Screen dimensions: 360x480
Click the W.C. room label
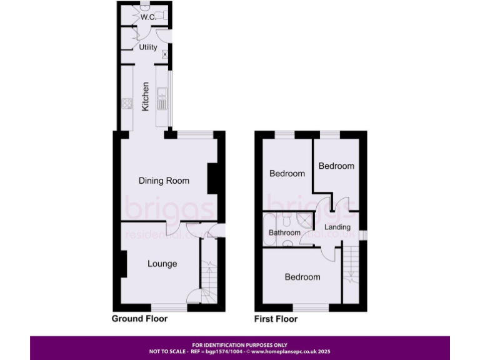tap(147, 17)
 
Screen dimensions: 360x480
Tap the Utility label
tap(148, 47)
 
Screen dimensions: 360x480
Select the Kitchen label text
tap(146, 97)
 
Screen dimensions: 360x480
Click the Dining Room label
tap(164, 181)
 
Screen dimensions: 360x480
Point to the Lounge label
tap(162, 264)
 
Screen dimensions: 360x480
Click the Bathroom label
tap(284, 232)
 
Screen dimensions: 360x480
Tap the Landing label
tap(337, 227)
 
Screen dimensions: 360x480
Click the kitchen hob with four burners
tap(127, 104)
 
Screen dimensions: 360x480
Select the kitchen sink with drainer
tap(162, 99)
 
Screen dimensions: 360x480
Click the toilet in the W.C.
tap(161, 15)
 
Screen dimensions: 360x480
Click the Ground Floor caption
tap(139, 319)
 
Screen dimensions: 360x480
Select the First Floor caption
tap(276, 319)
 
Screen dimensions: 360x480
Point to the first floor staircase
tap(352, 266)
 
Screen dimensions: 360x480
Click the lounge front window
tap(169, 307)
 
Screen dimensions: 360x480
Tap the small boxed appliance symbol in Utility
tap(165, 55)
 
